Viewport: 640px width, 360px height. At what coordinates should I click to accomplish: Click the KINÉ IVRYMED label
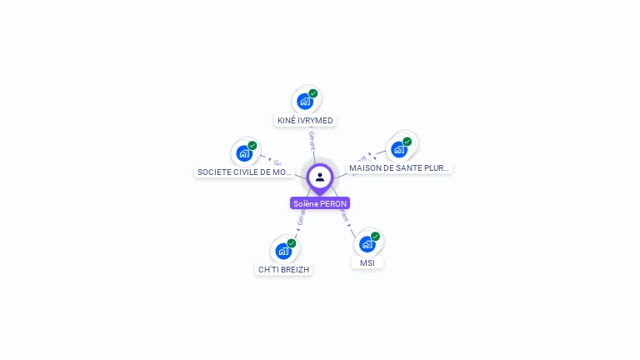[305, 121]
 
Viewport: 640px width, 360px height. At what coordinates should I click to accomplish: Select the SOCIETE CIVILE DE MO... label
[245, 172]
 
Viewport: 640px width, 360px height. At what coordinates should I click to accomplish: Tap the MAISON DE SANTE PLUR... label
[399, 167]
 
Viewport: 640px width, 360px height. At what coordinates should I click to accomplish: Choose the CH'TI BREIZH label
[284, 269]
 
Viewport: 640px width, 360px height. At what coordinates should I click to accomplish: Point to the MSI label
[367, 263]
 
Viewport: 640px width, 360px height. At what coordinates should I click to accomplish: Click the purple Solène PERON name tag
[320, 203]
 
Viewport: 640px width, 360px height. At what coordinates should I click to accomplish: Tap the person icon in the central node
[320, 177]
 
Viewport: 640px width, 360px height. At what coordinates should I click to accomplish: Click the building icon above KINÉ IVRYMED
[305, 102]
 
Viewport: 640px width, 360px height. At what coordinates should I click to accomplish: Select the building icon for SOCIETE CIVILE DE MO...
[244, 153]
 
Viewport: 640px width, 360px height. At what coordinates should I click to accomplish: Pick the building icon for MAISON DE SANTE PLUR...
[399, 149]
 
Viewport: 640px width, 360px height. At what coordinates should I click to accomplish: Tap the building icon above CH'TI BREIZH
[283, 251]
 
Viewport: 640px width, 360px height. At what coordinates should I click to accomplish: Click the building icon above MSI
[367, 244]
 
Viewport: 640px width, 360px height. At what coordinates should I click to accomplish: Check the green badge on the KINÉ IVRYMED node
[313, 93]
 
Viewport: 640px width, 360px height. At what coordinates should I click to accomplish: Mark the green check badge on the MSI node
[376, 236]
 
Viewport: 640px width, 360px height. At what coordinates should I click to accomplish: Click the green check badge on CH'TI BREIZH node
[292, 242]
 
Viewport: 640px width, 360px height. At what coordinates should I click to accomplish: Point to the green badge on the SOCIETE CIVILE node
[252, 145]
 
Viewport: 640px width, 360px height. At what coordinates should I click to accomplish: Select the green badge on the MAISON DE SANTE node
[407, 141]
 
